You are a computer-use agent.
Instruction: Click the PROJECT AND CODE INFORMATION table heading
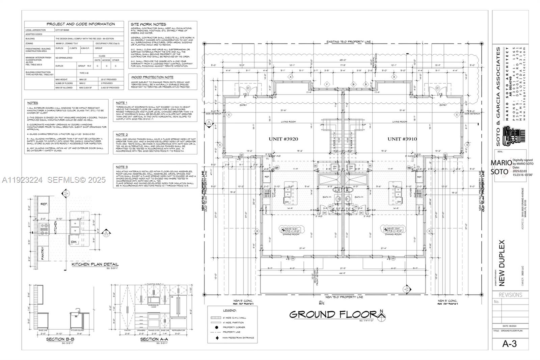[81, 24]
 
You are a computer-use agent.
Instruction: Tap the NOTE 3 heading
[122, 167]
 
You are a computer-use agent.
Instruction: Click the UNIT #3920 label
[283, 139]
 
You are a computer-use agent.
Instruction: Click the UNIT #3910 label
[402, 139]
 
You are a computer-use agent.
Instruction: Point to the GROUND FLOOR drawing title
[332, 314]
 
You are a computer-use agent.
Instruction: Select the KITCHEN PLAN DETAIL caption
[95, 264]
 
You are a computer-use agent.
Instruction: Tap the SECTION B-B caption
[60, 339]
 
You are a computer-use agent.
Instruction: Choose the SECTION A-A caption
[154, 339]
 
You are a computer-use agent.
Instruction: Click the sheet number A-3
[510, 344]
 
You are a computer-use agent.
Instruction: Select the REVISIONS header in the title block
[510, 295]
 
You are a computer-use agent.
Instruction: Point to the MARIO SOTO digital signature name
[501, 167]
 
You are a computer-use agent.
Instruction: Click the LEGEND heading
[230, 310]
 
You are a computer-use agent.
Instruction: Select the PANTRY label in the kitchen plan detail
[43, 253]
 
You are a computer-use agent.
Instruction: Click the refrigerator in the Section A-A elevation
[177, 306]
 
